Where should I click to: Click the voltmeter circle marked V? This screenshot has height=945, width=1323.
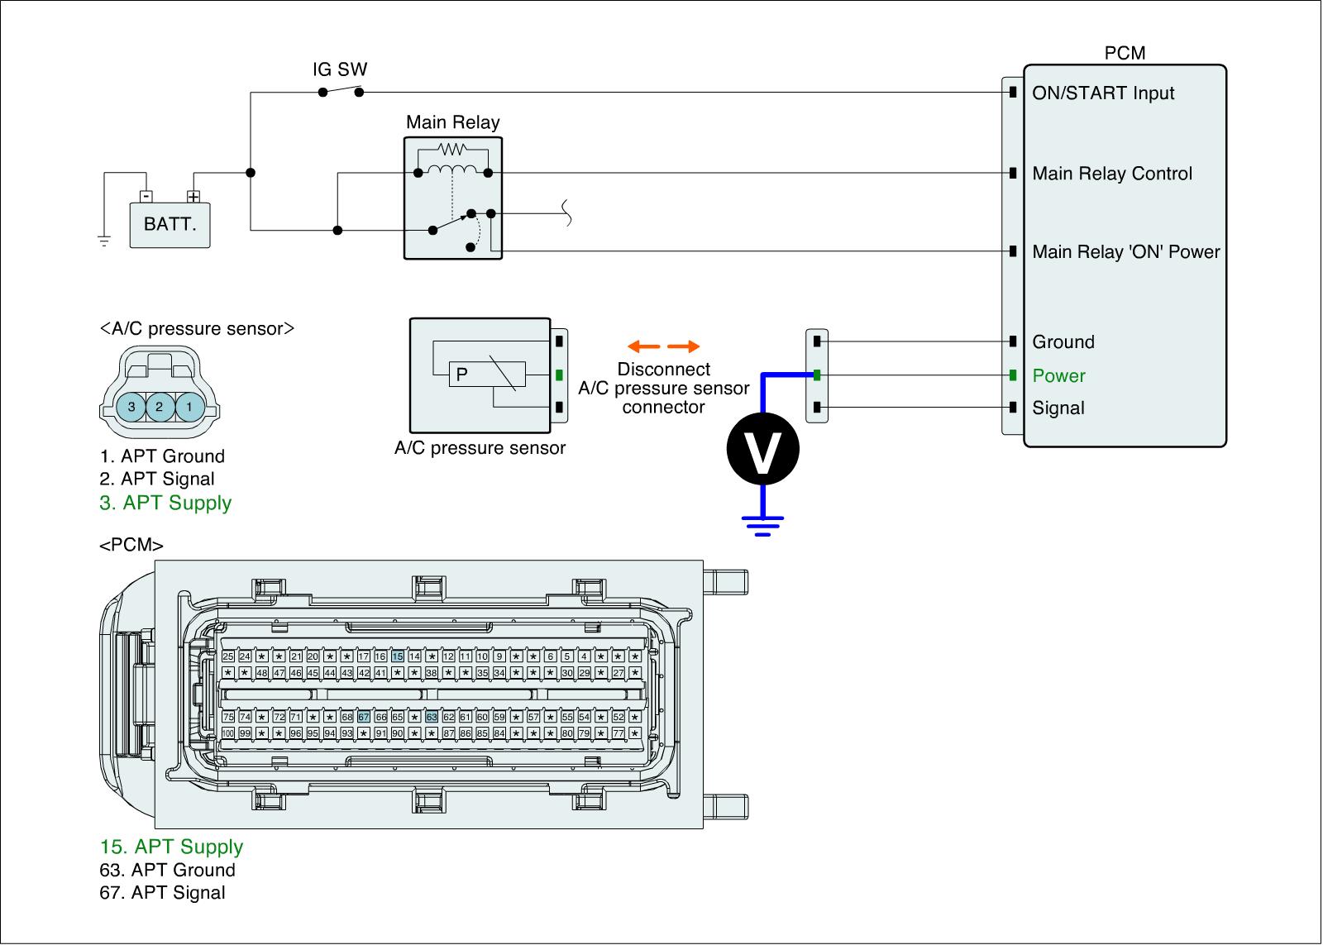click(762, 449)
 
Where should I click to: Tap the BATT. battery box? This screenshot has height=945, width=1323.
click(170, 224)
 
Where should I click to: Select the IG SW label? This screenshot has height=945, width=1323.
click(339, 69)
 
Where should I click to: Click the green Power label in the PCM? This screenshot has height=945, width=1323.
click(1058, 376)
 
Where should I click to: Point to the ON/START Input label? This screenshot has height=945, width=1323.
click(1103, 93)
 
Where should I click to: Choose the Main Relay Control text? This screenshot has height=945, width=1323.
click(1112, 174)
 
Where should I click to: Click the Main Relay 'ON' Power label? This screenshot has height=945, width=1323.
click(1125, 252)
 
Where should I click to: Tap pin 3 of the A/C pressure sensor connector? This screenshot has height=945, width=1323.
click(131, 407)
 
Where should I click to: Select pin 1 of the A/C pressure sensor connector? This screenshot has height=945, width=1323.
click(189, 407)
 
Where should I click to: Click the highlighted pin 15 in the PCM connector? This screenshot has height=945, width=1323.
click(398, 656)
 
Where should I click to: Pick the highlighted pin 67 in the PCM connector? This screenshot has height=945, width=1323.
click(364, 717)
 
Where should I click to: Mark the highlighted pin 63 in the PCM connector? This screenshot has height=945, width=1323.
click(432, 717)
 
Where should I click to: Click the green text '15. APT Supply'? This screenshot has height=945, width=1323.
click(171, 847)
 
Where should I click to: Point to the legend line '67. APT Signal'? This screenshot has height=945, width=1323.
click(162, 893)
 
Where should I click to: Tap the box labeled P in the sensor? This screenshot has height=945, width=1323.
click(462, 375)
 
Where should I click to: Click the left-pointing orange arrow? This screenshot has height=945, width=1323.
click(642, 346)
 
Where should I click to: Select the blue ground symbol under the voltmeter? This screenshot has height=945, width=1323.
click(762, 525)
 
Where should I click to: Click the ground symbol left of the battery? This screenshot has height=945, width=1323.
click(104, 241)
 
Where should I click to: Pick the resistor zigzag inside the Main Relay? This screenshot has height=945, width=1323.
click(452, 150)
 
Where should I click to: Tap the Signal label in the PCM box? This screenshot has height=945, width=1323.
click(1058, 408)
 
